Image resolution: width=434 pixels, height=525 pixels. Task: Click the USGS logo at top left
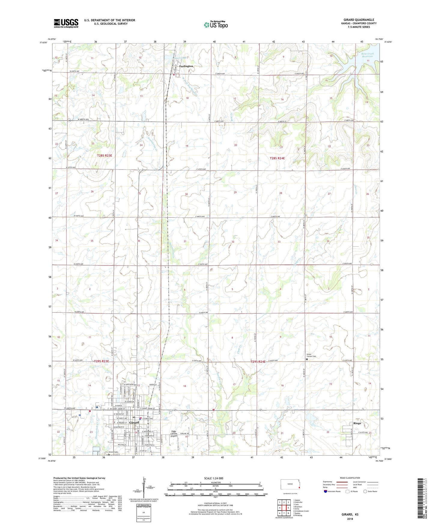click(x=66, y=23)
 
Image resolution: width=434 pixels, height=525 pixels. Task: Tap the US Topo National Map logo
click(x=216, y=24)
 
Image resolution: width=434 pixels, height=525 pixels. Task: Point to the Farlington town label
click(x=186, y=66)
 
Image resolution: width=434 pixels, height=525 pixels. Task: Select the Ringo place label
click(x=357, y=423)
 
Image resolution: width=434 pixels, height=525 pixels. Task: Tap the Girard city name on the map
click(x=134, y=422)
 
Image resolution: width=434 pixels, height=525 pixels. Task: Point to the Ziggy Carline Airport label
click(x=174, y=434)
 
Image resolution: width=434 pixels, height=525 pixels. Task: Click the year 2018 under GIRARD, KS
click(x=350, y=519)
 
